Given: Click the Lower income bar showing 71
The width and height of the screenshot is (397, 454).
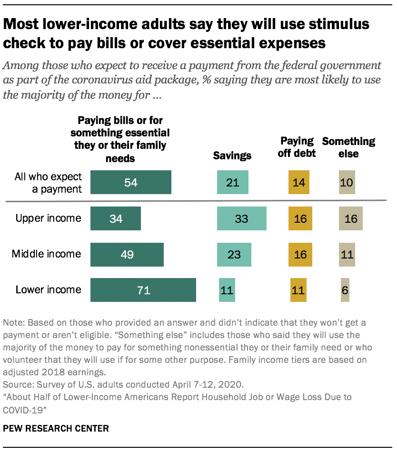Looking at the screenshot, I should tap(143, 290).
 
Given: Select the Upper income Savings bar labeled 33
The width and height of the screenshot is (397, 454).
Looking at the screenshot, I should tap(241, 219).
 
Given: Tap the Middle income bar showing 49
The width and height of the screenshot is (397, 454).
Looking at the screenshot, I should tap(127, 255).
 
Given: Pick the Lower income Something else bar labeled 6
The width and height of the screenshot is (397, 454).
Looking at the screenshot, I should tap(345, 290).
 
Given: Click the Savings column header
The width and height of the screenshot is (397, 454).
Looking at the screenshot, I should tap(232, 156).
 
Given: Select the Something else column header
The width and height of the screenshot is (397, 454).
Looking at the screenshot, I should tap(348, 147).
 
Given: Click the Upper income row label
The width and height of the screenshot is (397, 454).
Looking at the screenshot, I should tap(49, 218).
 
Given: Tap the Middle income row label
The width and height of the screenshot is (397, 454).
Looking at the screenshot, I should tap(46, 254).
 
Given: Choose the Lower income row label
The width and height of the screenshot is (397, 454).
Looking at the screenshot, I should tap(49, 289).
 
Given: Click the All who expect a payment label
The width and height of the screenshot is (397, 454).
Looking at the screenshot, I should tap(48, 183).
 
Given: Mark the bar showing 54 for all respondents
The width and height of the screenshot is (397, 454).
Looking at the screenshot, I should tap(130, 183).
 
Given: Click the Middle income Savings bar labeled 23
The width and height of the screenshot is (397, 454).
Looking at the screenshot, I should tap(234, 255).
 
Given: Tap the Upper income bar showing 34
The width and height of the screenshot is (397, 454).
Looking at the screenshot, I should tap(115, 219).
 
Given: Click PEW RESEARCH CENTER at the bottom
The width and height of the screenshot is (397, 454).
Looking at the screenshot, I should tap(56, 429).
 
